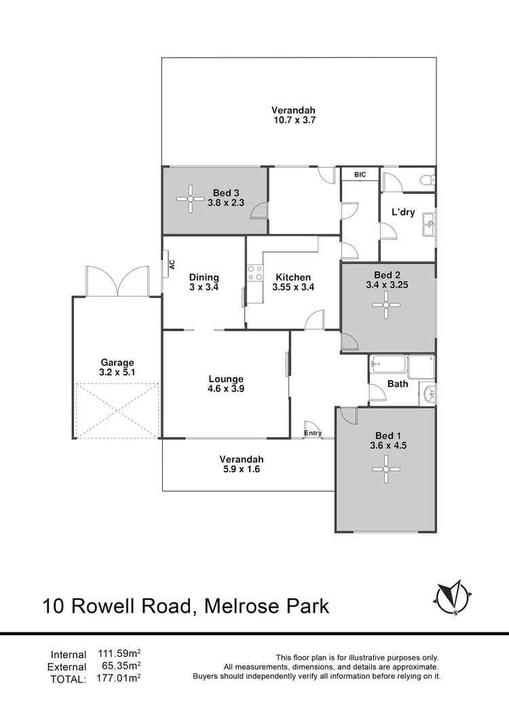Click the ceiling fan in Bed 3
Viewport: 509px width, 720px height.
pyautogui.click(x=191, y=199)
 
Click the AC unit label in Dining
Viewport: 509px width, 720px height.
pyautogui.click(x=172, y=265)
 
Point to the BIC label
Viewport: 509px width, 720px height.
pyautogui.click(x=360, y=175)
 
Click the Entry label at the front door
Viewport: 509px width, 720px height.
pyautogui.click(x=313, y=433)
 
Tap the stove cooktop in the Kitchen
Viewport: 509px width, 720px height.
pyautogui.click(x=255, y=273)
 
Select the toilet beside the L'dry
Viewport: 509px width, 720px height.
pyautogui.click(x=427, y=181)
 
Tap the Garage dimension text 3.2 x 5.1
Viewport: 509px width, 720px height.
pyautogui.click(x=118, y=373)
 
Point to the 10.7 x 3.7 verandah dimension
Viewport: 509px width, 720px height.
pyautogui.click(x=293, y=120)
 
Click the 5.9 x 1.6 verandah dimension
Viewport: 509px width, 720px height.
pyautogui.click(x=241, y=468)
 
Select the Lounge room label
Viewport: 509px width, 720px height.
pyautogui.click(x=226, y=379)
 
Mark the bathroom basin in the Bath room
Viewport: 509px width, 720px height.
pyautogui.click(x=428, y=393)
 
